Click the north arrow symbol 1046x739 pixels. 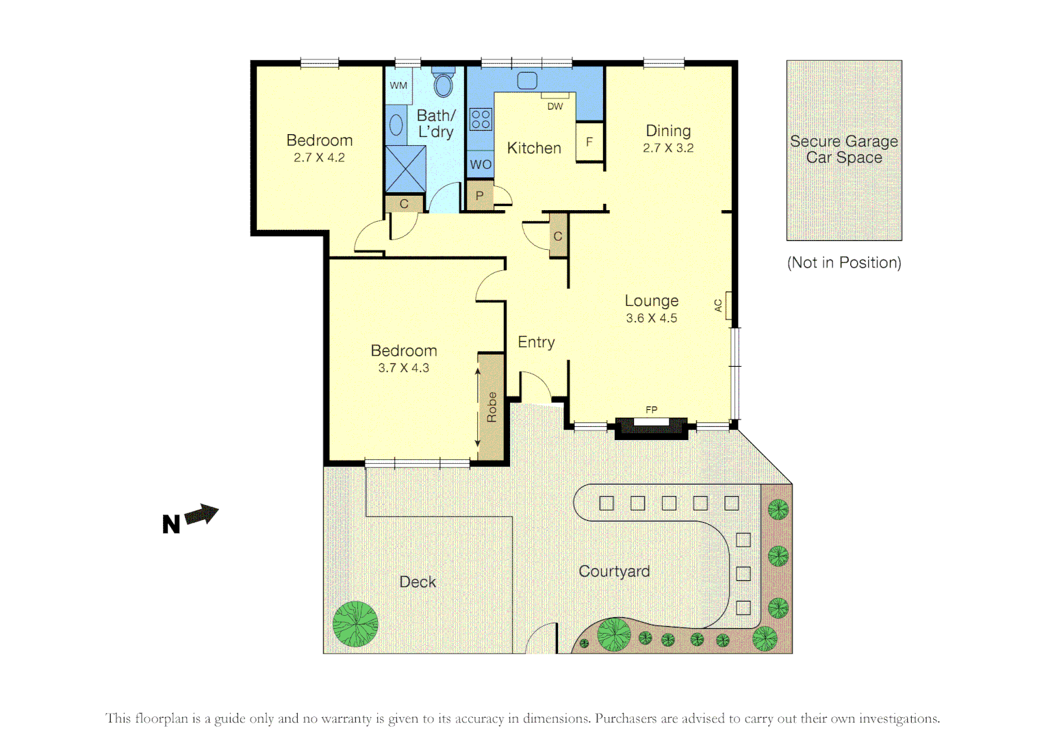[x=201, y=514]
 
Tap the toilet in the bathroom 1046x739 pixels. [x=444, y=83]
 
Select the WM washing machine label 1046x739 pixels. [x=398, y=86]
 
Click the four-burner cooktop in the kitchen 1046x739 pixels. [x=481, y=120]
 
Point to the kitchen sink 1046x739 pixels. [x=527, y=81]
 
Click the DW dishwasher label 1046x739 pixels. [x=554, y=106]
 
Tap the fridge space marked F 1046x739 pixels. [x=589, y=142]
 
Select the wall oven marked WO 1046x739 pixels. [x=481, y=164]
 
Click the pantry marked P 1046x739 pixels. [x=479, y=196]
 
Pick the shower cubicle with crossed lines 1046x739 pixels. [x=405, y=168]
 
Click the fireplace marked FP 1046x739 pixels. [x=651, y=426]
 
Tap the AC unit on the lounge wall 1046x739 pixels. [x=728, y=306]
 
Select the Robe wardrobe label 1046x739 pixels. [x=492, y=407]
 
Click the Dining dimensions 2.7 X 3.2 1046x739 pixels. [x=668, y=148]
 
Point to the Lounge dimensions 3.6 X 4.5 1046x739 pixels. [x=652, y=318]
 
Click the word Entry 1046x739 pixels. [x=536, y=342]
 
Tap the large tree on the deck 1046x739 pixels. [x=355, y=623]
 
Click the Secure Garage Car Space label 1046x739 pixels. [x=844, y=149]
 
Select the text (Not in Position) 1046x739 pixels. [x=844, y=263]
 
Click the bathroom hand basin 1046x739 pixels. [x=396, y=125]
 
